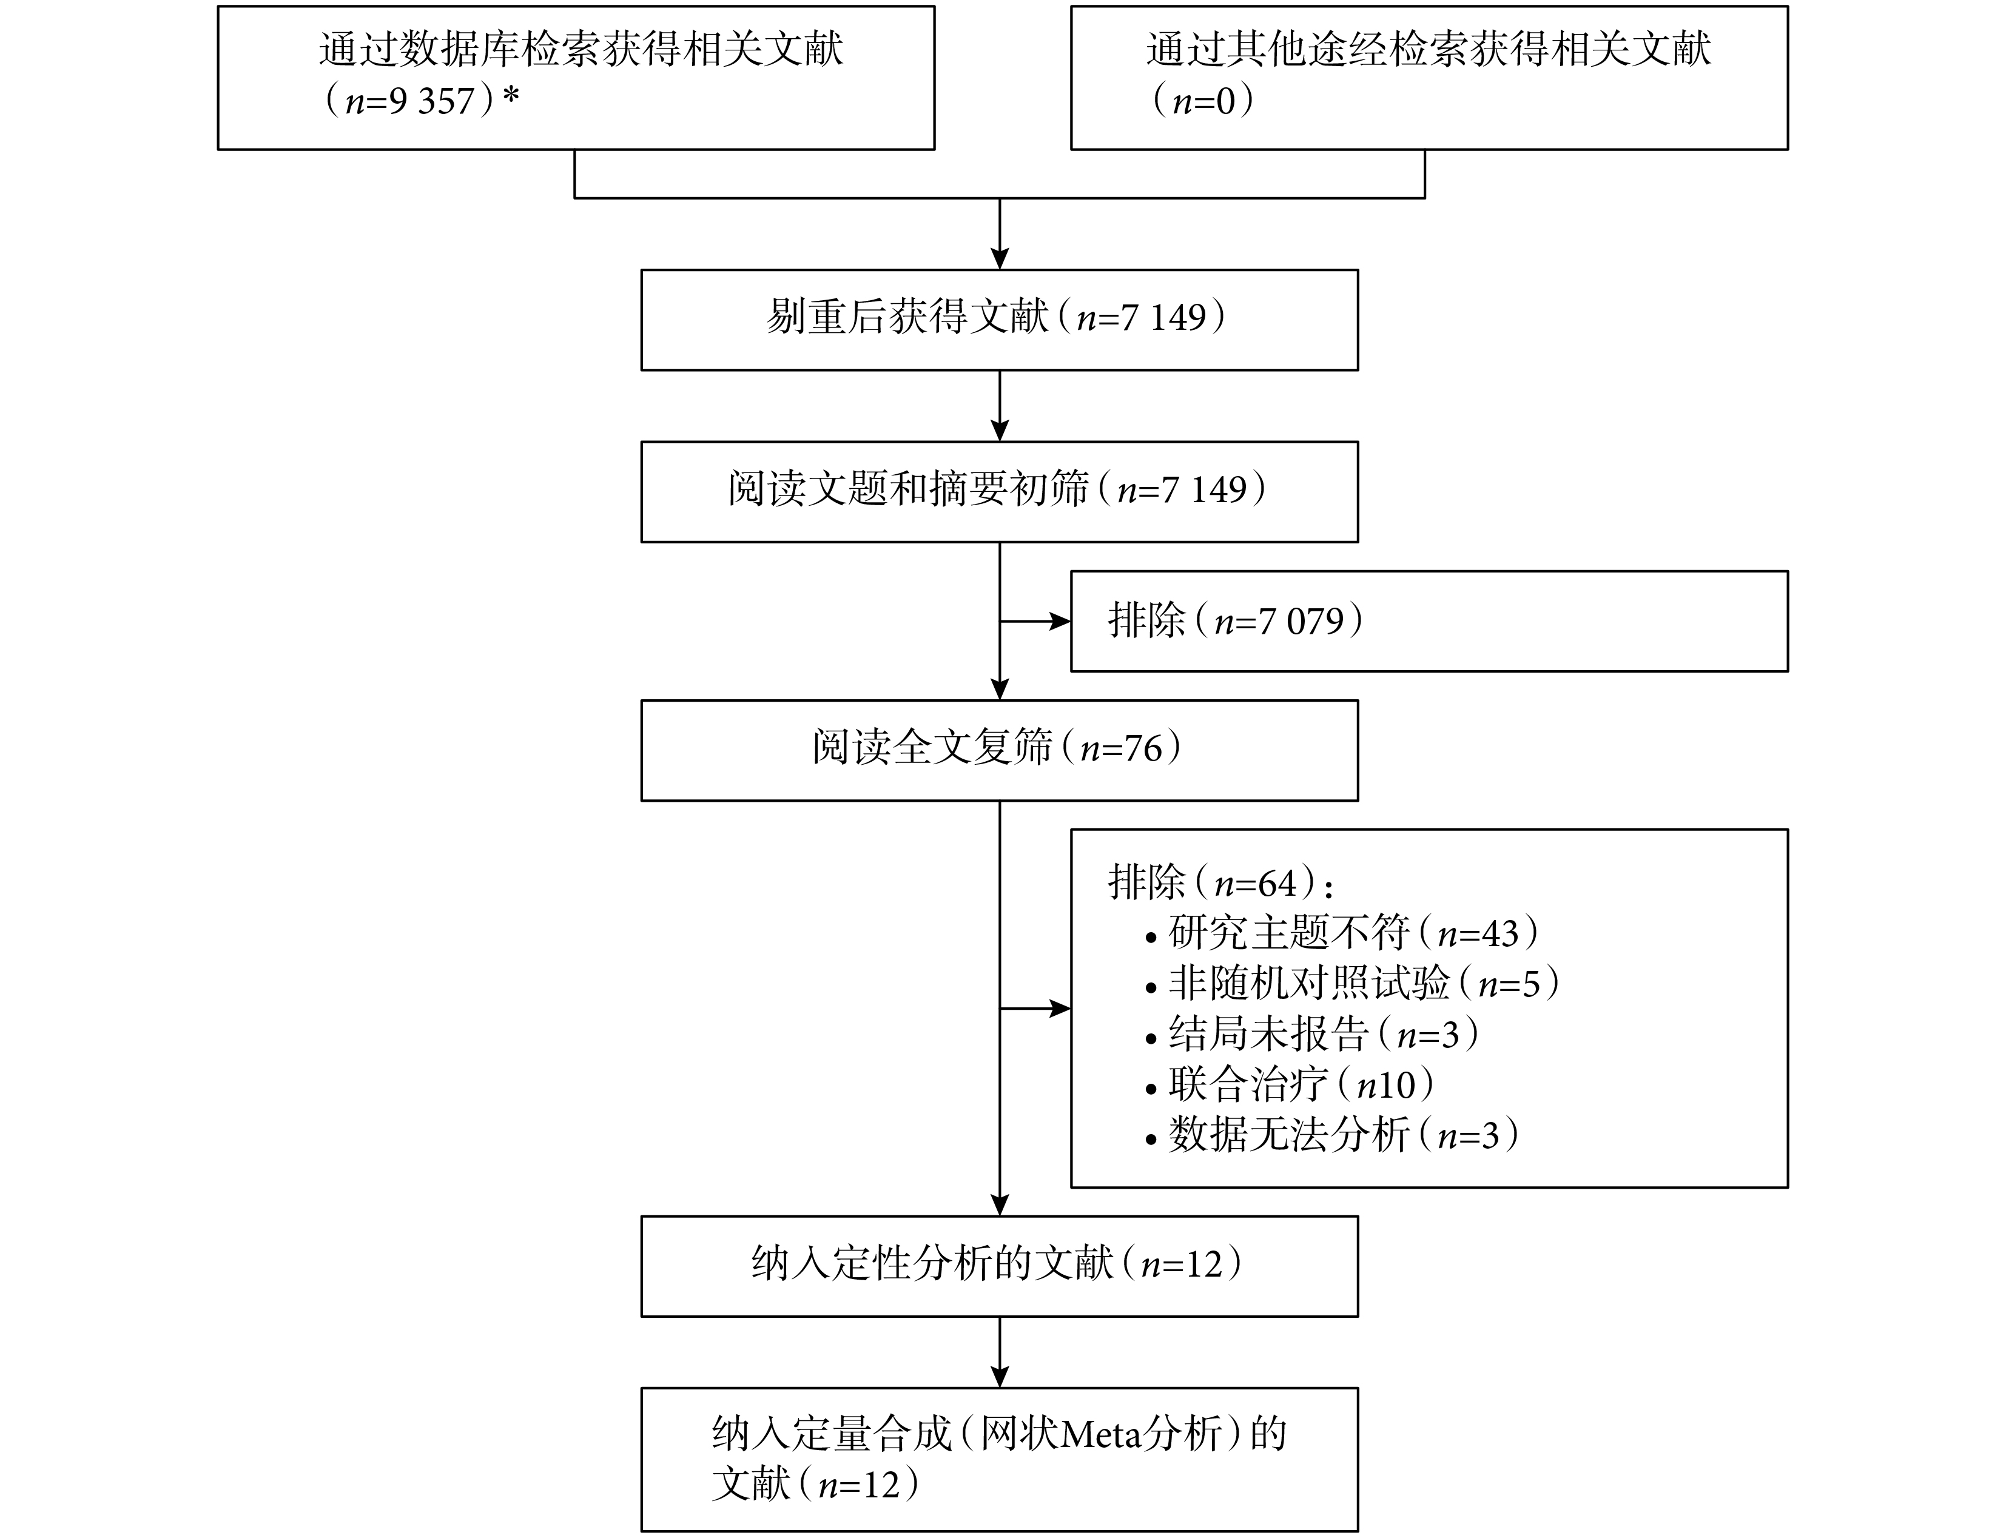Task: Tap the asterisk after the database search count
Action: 511,95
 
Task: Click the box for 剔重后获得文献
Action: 999,320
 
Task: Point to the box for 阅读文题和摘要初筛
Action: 999,492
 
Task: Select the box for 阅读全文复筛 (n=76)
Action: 999,751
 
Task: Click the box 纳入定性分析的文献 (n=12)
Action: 999,1266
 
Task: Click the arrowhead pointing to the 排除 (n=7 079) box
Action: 1060,622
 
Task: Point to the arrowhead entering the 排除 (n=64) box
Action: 1060,1009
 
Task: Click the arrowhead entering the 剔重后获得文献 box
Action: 1000,258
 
